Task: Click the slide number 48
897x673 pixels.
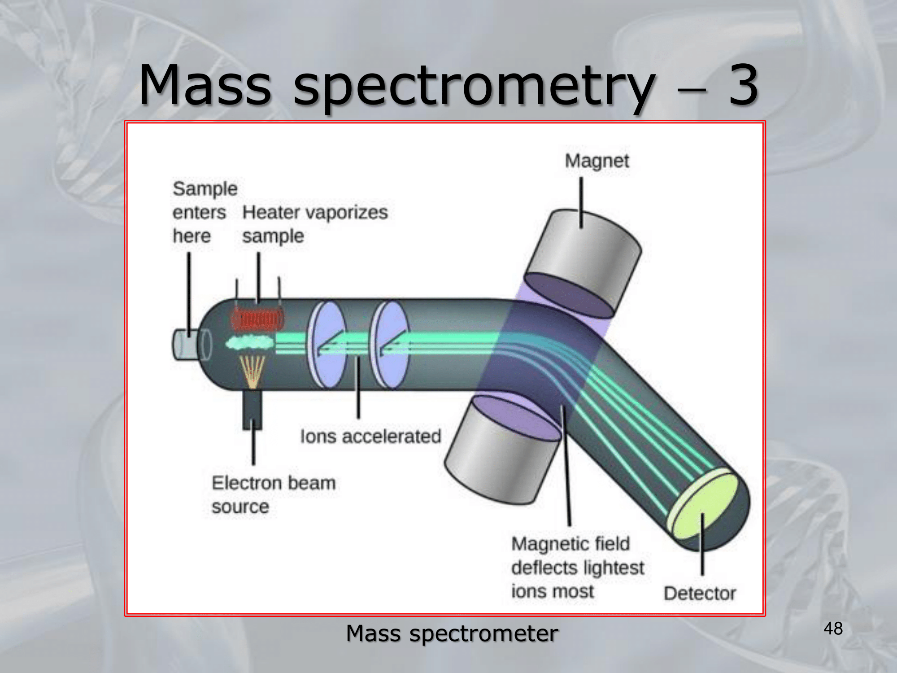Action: (833, 629)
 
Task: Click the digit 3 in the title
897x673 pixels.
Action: (743, 85)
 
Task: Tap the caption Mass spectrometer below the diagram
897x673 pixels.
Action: (452, 634)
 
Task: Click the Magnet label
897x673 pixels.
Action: (597, 161)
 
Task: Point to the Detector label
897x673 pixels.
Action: (700, 593)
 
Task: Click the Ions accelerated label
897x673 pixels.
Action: (370, 436)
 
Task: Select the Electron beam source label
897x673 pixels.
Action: (273, 494)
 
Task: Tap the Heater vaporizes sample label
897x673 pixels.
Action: (315, 223)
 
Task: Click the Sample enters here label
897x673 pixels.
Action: (204, 212)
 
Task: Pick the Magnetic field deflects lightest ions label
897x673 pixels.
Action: (577, 568)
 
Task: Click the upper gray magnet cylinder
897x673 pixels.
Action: (583, 260)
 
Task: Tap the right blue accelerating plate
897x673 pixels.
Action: (390, 344)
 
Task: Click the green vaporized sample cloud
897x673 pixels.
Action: (249, 343)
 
